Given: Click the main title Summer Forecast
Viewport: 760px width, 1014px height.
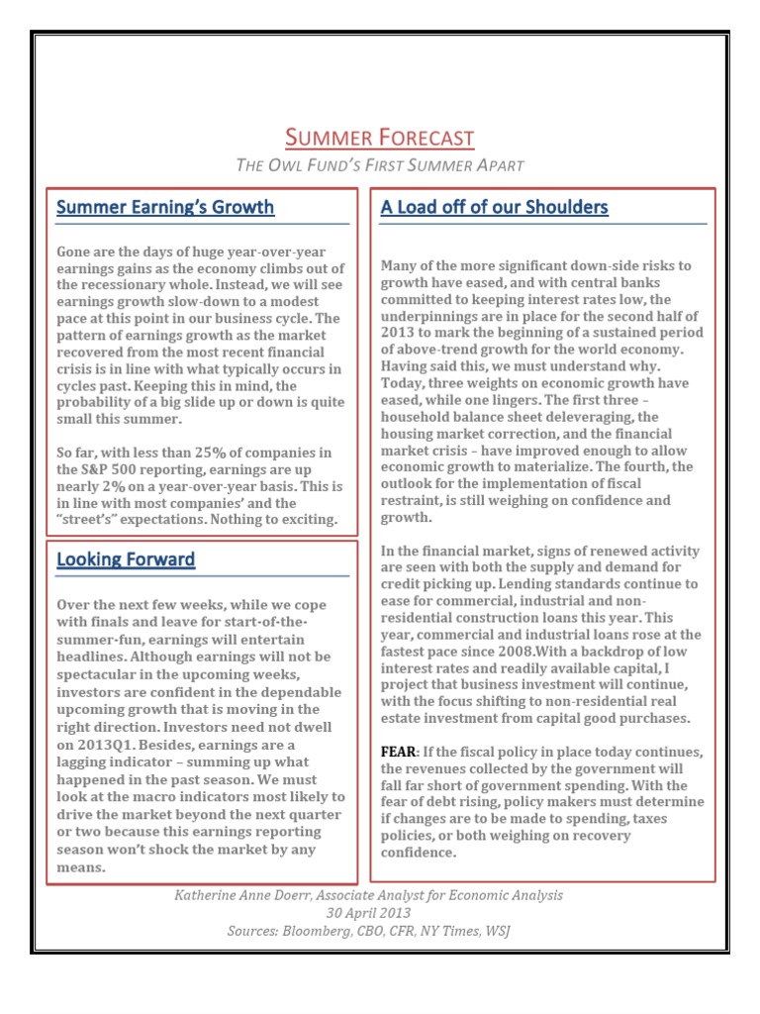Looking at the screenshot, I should [379, 138].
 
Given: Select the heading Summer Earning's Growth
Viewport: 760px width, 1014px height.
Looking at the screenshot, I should [165, 207].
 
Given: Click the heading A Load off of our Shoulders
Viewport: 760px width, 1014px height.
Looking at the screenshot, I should [494, 207].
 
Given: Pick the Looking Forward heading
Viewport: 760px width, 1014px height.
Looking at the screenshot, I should [126, 559].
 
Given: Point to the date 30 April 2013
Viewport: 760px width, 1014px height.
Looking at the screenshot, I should [368, 913].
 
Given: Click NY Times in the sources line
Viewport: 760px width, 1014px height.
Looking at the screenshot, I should [441, 931].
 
